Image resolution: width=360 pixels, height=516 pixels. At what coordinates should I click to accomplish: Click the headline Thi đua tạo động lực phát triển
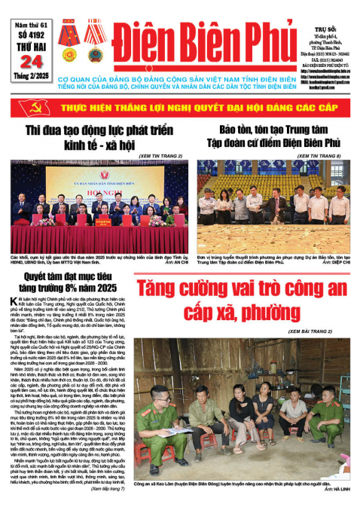(95, 132)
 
